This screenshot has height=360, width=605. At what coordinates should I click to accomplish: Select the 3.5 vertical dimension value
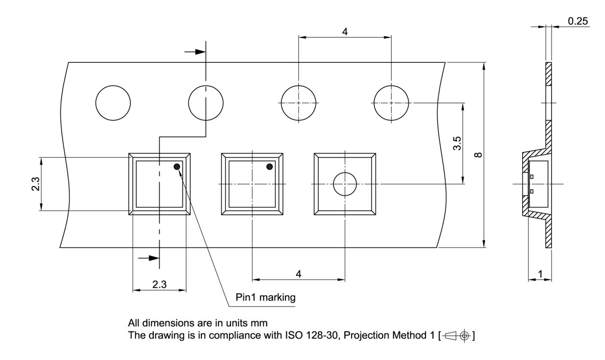click(x=456, y=143)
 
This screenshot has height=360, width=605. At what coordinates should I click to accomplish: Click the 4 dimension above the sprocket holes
click(x=345, y=32)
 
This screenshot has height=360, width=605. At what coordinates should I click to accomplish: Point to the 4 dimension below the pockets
click(x=298, y=274)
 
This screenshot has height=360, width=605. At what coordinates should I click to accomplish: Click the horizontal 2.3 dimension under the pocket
click(x=159, y=284)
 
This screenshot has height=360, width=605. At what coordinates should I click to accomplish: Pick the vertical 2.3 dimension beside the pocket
click(x=35, y=184)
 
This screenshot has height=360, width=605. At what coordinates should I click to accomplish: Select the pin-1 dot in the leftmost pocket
click(x=177, y=166)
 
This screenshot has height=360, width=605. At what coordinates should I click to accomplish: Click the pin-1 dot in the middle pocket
click(x=270, y=166)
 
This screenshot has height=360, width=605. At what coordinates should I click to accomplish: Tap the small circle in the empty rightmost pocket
click(x=345, y=184)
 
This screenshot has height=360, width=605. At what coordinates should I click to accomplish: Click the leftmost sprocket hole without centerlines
click(x=113, y=103)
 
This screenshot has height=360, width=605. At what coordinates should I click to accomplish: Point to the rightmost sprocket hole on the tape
click(x=391, y=103)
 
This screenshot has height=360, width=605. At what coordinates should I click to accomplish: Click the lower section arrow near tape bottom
click(x=147, y=258)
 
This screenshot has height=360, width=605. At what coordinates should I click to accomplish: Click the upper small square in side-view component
click(x=532, y=177)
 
